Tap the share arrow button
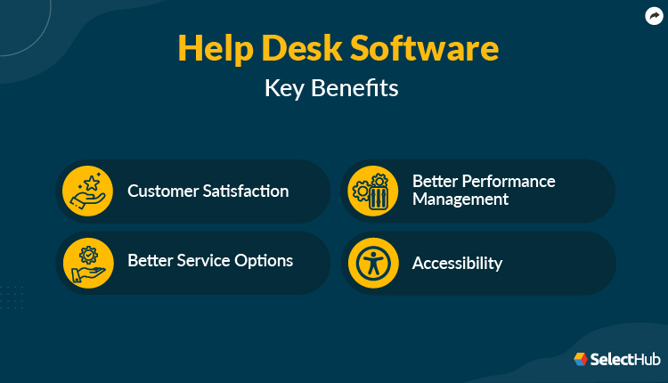[653, 15]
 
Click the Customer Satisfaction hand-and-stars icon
[87, 191]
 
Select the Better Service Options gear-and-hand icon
[87, 263]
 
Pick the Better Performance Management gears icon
[372, 191]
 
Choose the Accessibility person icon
[372, 263]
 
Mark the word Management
[460, 200]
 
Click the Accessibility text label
[457, 264]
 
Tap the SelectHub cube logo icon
[581, 359]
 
